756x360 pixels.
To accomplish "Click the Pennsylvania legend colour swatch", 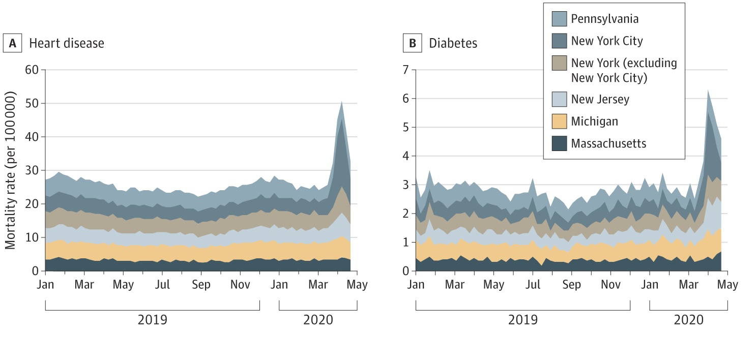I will click(x=560, y=19).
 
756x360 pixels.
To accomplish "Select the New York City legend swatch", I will click(x=560, y=41).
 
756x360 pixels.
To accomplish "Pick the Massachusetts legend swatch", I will click(x=560, y=144).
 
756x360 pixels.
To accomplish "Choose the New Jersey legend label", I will click(x=600, y=99).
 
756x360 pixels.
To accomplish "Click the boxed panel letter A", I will click(x=13, y=43).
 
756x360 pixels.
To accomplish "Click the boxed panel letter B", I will click(x=413, y=43).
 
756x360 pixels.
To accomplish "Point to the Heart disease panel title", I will click(x=66, y=43).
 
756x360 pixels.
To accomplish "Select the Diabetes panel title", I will click(x=453, y=43).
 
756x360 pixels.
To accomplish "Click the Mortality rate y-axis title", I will click(x=11, y=170).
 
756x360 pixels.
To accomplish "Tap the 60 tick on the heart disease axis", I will click(x=32, y=70).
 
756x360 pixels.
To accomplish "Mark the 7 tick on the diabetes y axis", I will click(x=405, y=70).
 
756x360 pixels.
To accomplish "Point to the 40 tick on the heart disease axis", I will click(x=32, y=137).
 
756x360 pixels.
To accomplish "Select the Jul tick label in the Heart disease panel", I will click(x=162, y=285).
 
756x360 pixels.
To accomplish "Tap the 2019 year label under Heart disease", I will click(x=152, y=320).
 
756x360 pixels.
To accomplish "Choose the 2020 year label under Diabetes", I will click(x=688, y=320).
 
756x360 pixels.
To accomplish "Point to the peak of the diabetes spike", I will click(x=708, y=90).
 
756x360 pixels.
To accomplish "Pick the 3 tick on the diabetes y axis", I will click(x=405, y=185).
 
